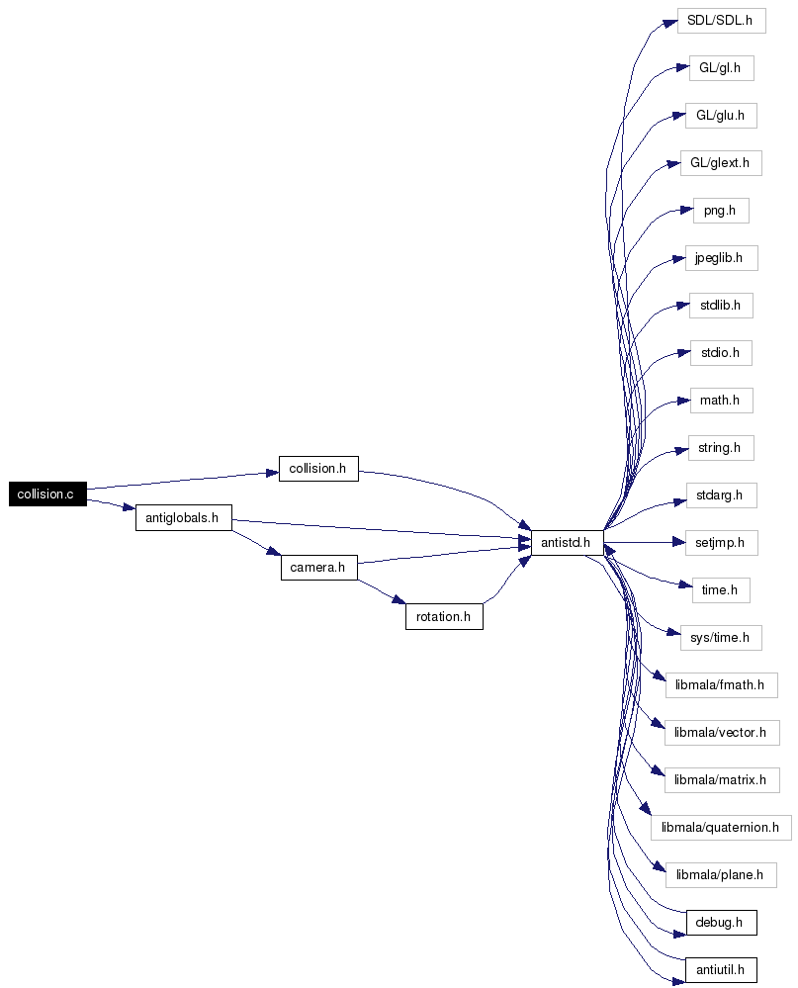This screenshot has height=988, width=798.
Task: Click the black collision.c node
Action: click(47, 494)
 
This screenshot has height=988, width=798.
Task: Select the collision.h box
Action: click(318, 469)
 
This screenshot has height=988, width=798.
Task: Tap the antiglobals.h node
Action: click(184, 518)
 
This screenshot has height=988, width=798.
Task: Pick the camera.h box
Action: click(318, 568)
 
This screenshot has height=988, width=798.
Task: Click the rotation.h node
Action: click(444, 617)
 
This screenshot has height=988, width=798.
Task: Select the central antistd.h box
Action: click(568, 543)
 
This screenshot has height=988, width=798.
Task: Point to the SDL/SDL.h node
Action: click(721, 21)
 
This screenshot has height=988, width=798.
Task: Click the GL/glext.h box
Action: click(721, 163)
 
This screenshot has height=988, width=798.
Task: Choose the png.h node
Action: click(721, 211)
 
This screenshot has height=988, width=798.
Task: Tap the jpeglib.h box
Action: click(721, 258)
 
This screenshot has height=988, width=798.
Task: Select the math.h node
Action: click(721, 401)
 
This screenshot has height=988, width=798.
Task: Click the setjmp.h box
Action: click(721, 543)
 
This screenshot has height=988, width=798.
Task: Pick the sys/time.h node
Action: click(721, 638)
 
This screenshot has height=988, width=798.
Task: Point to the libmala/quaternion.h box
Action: click(721, 828)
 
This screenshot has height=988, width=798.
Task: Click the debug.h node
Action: click(721, 923)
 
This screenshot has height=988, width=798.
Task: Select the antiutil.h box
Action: click(721, 970)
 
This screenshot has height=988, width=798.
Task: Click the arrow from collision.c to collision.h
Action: click(183, 480)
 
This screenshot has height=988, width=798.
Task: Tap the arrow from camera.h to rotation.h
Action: click(382, 591)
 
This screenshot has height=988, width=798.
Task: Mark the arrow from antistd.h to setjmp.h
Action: click(645, 542)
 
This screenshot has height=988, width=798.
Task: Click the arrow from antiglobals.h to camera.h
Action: click(256, 543)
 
